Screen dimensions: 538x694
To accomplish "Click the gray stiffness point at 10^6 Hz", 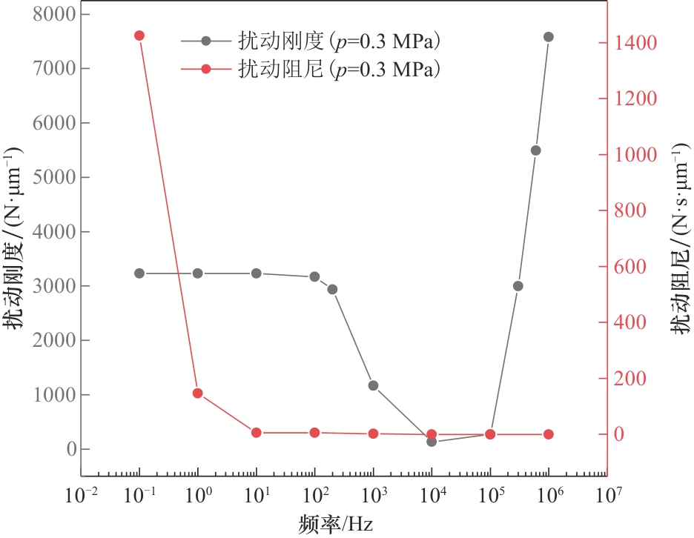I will click(549, 36).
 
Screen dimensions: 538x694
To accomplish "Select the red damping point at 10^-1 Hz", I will click(139, 36).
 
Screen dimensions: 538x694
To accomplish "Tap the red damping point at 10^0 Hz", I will click(198, 393).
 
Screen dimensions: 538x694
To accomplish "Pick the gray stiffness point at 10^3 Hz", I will click(373, 385).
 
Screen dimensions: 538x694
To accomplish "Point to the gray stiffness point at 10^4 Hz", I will click(432, 442).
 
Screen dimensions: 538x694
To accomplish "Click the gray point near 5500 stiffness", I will click(536, 150).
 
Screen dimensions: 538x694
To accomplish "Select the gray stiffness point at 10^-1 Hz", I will click(139, 273).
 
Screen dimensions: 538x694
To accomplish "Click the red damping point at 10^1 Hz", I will click(257, 433).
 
